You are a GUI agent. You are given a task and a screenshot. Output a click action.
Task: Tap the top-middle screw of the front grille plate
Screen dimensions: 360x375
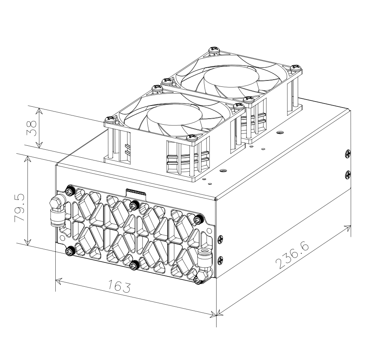pos(134,205)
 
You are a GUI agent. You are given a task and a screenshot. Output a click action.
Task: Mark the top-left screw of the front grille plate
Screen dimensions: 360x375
pos(70,192)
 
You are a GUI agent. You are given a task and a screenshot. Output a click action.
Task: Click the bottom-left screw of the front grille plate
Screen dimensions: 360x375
pos(70,250)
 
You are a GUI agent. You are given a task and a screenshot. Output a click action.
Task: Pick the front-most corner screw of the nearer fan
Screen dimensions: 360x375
pos(189,138)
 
